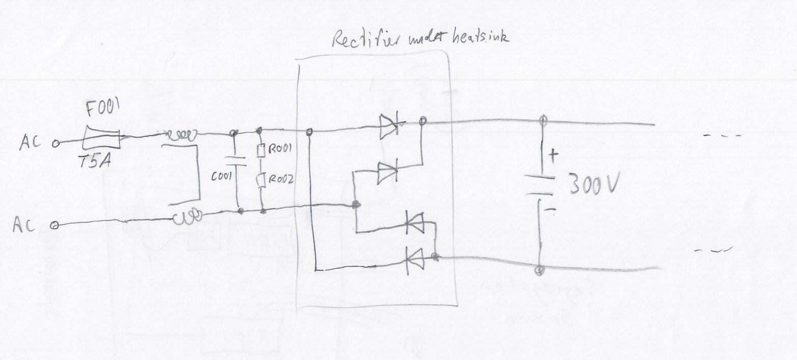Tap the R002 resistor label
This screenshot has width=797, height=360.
pos(281,179)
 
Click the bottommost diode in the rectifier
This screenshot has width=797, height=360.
pos(415,261)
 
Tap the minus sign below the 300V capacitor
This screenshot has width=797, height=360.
pos(551,208)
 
